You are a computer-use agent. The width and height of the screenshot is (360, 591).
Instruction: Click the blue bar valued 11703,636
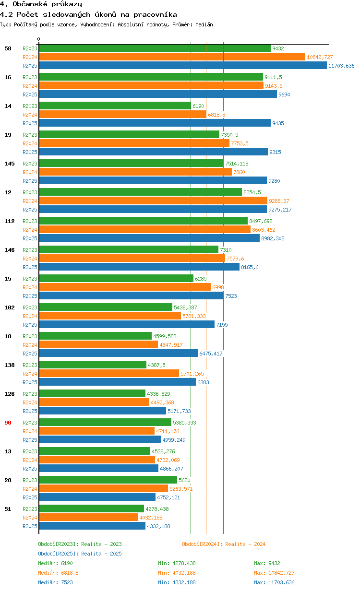182,66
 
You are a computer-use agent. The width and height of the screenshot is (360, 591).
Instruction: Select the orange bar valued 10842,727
172,57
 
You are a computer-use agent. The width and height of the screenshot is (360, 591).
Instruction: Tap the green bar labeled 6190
115,106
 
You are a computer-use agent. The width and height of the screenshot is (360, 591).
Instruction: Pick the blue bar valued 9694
158,95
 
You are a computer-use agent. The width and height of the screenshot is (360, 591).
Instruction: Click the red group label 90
8,423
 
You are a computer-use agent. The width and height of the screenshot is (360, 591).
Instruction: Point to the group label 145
9,164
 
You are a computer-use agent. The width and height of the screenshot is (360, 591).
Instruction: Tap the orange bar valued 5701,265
109,374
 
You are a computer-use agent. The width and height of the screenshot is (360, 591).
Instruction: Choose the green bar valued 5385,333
105,423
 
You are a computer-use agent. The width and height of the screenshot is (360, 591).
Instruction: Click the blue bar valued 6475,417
118,354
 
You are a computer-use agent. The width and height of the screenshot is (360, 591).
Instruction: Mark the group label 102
9,307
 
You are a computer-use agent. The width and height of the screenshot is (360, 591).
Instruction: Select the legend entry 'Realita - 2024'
224,544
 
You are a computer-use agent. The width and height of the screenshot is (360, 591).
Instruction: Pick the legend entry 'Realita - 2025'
80,554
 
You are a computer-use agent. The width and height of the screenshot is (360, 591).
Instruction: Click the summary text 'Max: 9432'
267,563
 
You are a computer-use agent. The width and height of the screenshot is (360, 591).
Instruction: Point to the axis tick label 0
39,39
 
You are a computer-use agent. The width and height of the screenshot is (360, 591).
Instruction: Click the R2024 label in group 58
30,57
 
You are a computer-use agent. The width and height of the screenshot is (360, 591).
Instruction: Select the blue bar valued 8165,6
139,267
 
